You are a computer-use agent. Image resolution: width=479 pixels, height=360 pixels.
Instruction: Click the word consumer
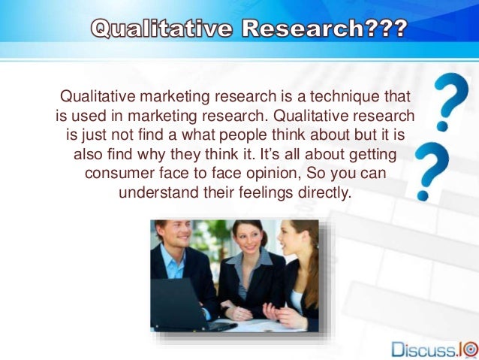tap(122, 174)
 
